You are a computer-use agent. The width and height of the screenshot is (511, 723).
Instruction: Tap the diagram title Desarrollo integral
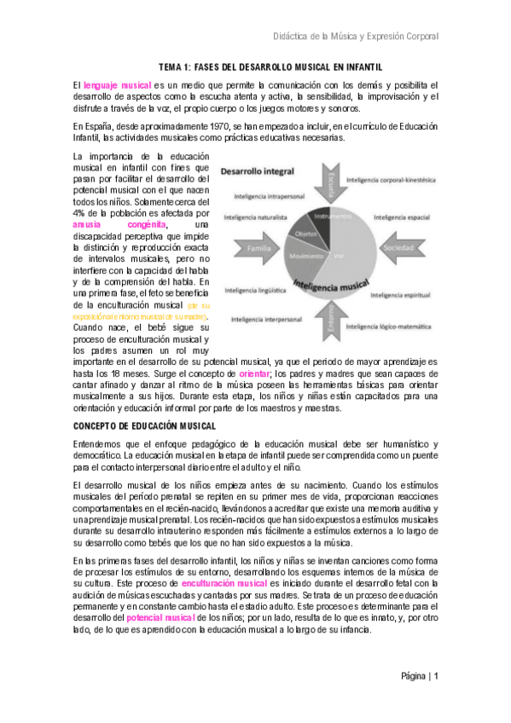pyautogui.click(x=257, y=171)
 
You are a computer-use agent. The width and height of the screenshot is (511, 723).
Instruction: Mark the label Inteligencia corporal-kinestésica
pyautogui.click(x=392, y=180)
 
